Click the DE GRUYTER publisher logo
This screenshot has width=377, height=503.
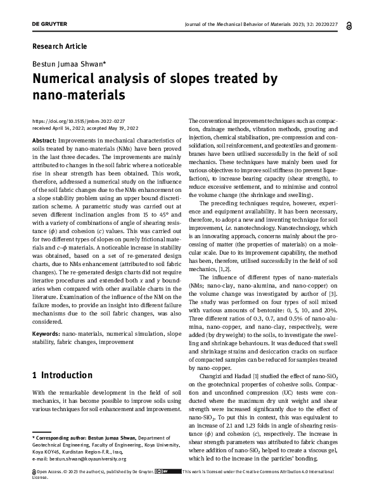[49, 24]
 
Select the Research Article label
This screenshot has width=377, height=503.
[59, 46]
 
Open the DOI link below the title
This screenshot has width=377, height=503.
[78, 120]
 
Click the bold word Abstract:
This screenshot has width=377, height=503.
[43, 139]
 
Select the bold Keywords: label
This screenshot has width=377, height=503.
[46, 333]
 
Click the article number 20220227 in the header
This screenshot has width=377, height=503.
[325, 25]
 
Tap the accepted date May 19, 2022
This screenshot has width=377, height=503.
[125, 127]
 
